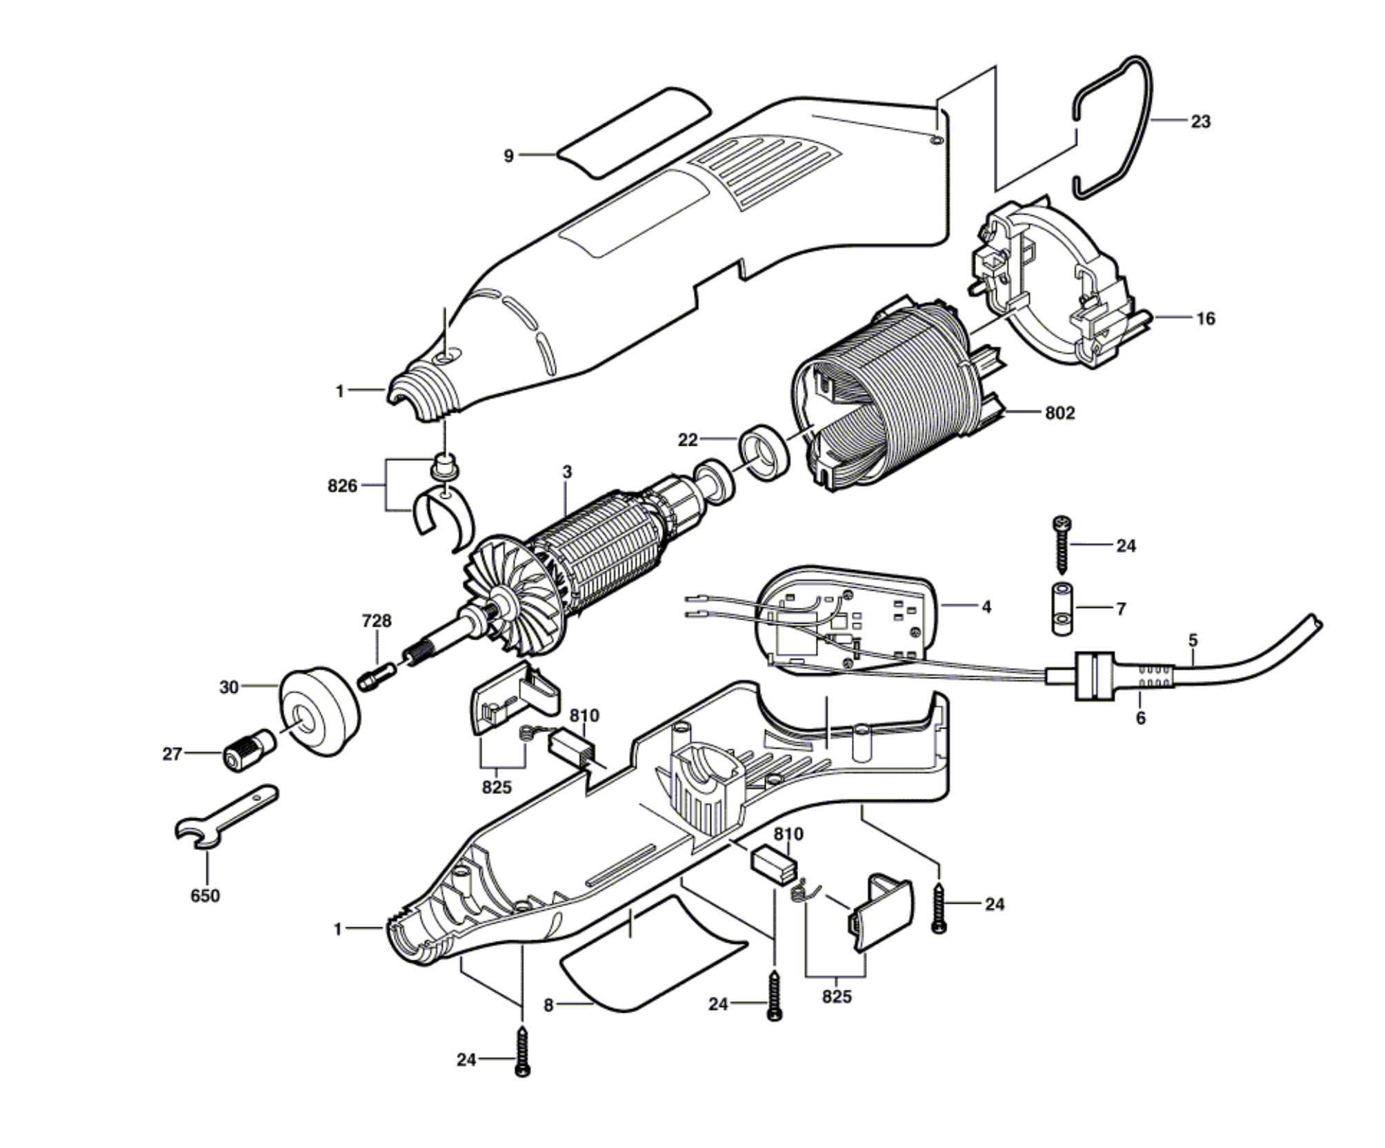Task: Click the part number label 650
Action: click(x=205, y=895)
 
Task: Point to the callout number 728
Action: click(x=377, y=621)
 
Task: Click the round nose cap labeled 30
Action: click(x=319, y=711)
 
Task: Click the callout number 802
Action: click(x=1060, y=413)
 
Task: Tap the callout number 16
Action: click(x=1206, y=318)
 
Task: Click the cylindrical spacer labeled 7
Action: click(x=1062, y=609)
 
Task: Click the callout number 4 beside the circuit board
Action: click(x=986, y=606)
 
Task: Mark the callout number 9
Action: click(x=509, y=156)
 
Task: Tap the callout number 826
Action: click(x=342, y=486)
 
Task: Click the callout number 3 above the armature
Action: click(x=567, y=472)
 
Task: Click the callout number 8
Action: click(x=548, y=1005)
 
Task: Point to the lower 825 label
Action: click(x=836, y=996)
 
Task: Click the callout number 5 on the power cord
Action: click(x=1193, y=640)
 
